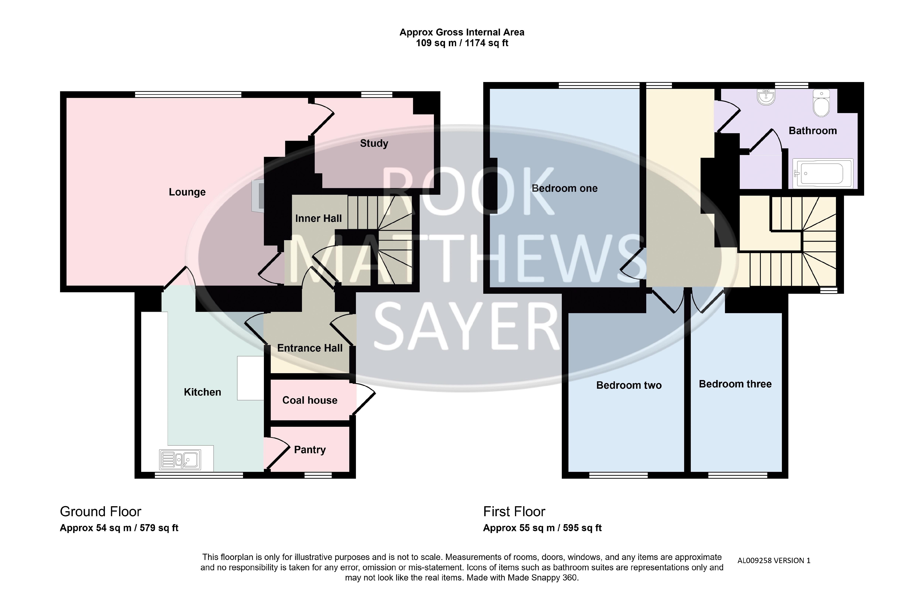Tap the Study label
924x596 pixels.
(x=374, y=144)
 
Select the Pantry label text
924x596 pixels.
(x=310, y=450)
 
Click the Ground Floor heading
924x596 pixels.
(x=101, y=512)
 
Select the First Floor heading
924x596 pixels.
(x=514, y=512)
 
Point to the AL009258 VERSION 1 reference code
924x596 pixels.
(x=774, y=560)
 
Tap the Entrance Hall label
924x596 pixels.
(x=310, y=348)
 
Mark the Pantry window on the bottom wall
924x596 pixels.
(x=318, y=475)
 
